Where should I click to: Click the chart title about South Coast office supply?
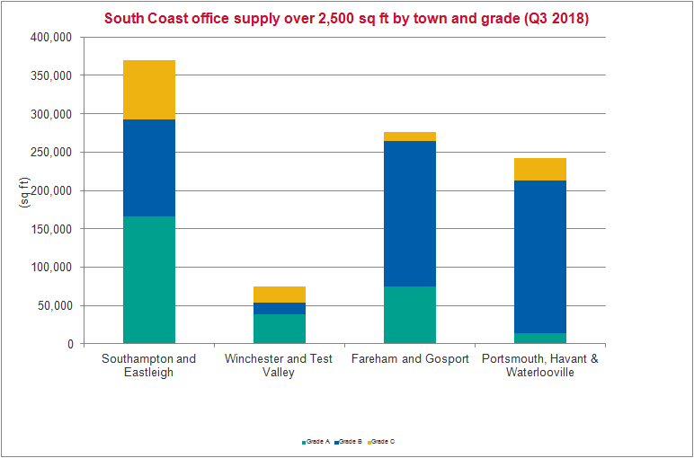346,18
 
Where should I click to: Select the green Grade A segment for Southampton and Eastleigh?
149,279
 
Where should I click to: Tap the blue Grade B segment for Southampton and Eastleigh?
149,168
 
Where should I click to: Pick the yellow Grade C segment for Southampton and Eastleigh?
149,90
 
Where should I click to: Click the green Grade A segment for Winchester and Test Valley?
280,329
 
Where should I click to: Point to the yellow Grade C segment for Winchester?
280,295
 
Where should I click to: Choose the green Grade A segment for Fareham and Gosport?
410,314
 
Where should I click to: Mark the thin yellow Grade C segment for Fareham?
410,137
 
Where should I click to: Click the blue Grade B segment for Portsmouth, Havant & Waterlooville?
540,257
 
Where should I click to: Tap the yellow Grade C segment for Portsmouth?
540,170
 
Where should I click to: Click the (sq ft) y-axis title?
24,191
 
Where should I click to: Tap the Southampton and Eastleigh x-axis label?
149,366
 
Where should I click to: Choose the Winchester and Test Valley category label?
280,366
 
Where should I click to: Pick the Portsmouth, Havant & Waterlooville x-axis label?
540,366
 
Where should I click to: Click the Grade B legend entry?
350,442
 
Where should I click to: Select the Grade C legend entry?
382,442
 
